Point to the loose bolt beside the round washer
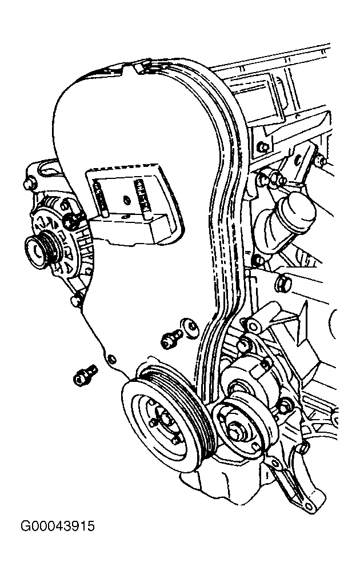click(x=169, y=338)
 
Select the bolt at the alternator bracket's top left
click(x=27, y=185)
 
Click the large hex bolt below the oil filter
click(x=281, y=283)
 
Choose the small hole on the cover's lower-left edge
click(x=111, y=359)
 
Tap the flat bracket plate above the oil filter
click(x=302, y=163)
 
